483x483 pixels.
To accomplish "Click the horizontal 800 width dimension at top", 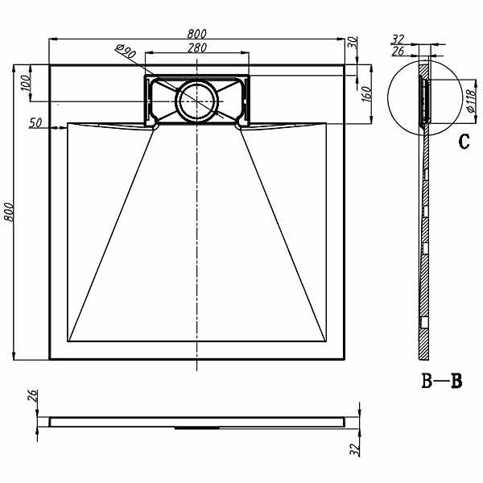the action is (196, 33).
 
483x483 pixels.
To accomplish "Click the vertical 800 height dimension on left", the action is (8, 212).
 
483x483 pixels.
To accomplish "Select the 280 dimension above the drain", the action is (197, 47).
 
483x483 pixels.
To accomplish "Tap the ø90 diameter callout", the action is (126, 52).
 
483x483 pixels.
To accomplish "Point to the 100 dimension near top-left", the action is (26, 83).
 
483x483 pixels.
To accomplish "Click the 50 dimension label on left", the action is (35, 122).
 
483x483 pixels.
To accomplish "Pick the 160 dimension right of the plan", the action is (366, 94).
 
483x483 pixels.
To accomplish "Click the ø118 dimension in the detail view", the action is (471, 101).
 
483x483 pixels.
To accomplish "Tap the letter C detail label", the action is (464, 142).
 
